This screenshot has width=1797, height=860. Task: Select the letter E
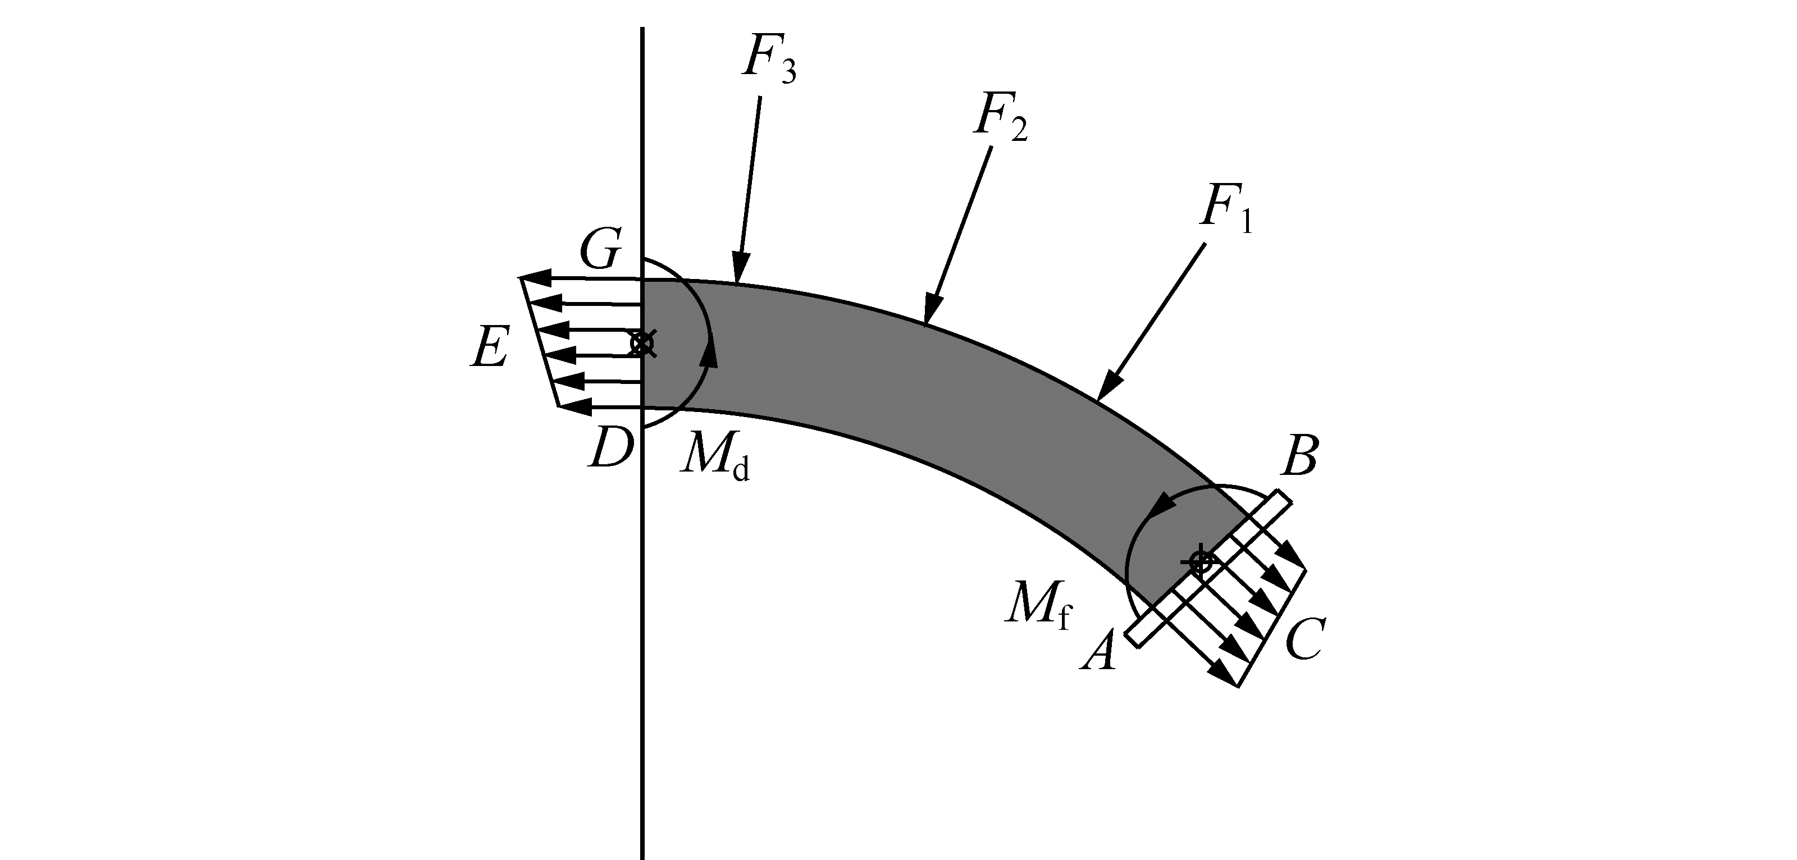(x=490, y=347)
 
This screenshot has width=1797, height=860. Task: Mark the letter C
(x=1303, y=639)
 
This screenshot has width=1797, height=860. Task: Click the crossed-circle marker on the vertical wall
(x=642, y=343)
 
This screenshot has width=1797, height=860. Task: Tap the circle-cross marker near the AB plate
(x=1200, y=561)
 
